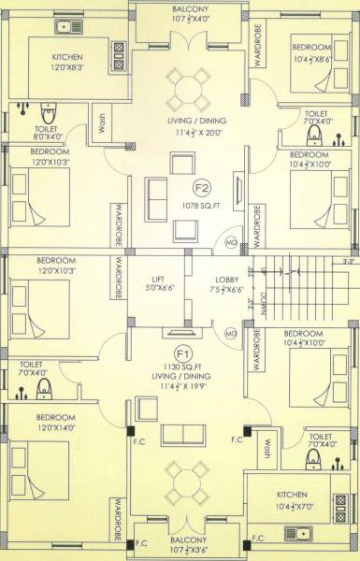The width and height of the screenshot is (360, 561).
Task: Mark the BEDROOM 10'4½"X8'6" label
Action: coord(310,51)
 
